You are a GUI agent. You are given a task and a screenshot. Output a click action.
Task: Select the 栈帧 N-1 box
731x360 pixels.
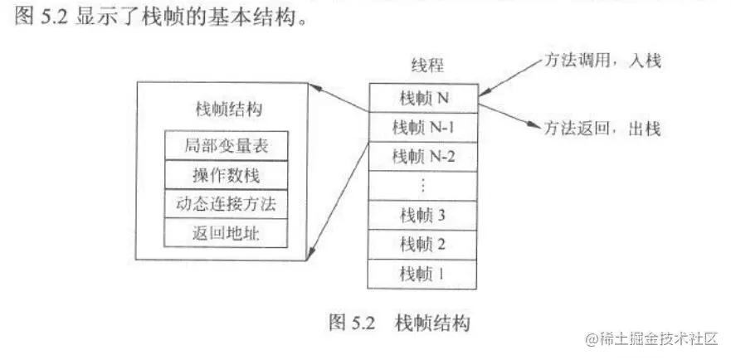[x=423, y=127]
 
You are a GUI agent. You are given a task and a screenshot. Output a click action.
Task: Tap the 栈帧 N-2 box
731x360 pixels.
[x=423, y=155]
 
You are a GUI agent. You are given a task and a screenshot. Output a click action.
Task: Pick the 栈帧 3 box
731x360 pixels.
[x=423, y=216]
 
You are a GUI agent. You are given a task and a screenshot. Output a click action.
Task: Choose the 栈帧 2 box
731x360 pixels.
[x=423, y=244]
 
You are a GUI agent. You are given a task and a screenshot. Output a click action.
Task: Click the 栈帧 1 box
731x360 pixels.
[x=423, y=272]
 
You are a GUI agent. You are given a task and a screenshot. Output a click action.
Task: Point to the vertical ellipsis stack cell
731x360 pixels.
[x=423, y=185]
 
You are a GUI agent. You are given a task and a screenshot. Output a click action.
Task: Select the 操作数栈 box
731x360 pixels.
[x=227, y=175]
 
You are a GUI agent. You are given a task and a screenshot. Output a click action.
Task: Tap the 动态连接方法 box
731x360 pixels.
[x=227, y=204]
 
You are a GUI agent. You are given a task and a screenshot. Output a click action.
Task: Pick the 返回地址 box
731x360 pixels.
[x=227, y=233]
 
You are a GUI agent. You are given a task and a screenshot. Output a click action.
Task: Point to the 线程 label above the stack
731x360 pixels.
[x=424, y=66]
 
